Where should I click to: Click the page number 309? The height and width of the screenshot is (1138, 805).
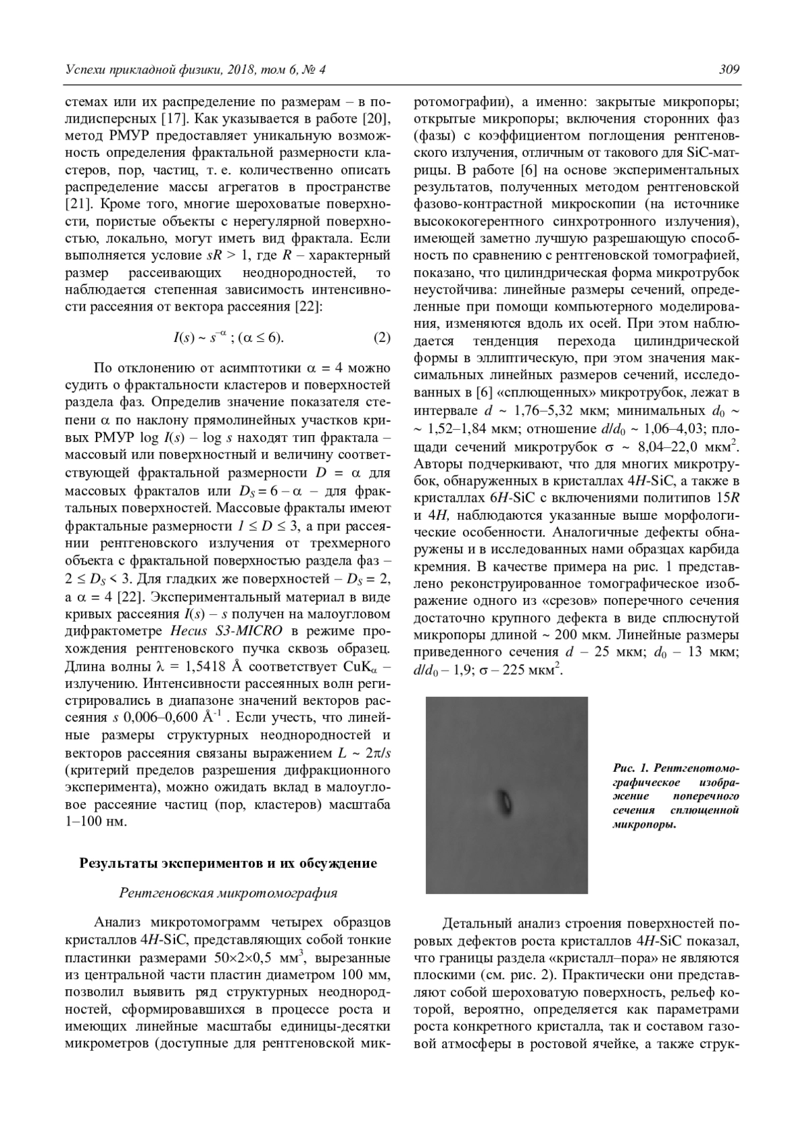[729, 70]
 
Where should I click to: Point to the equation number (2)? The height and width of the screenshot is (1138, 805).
[381, 337]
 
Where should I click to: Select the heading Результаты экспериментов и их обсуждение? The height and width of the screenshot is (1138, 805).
[228, 863]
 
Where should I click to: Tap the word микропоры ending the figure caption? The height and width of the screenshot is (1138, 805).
[643, 825]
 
